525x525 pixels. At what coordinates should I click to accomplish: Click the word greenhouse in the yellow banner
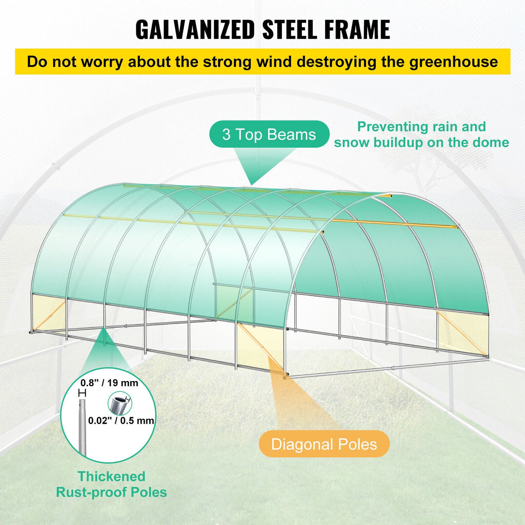454,62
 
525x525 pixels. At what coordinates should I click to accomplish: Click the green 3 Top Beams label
269,134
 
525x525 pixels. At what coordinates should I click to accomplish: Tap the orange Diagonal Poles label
324,444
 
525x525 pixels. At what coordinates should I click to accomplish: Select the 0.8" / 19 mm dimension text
109,383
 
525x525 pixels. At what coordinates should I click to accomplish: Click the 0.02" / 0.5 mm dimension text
121,420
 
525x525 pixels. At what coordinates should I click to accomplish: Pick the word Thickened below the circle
111,477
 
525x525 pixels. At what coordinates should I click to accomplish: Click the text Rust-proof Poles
111,492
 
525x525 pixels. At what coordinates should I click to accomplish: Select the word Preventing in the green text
386,127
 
